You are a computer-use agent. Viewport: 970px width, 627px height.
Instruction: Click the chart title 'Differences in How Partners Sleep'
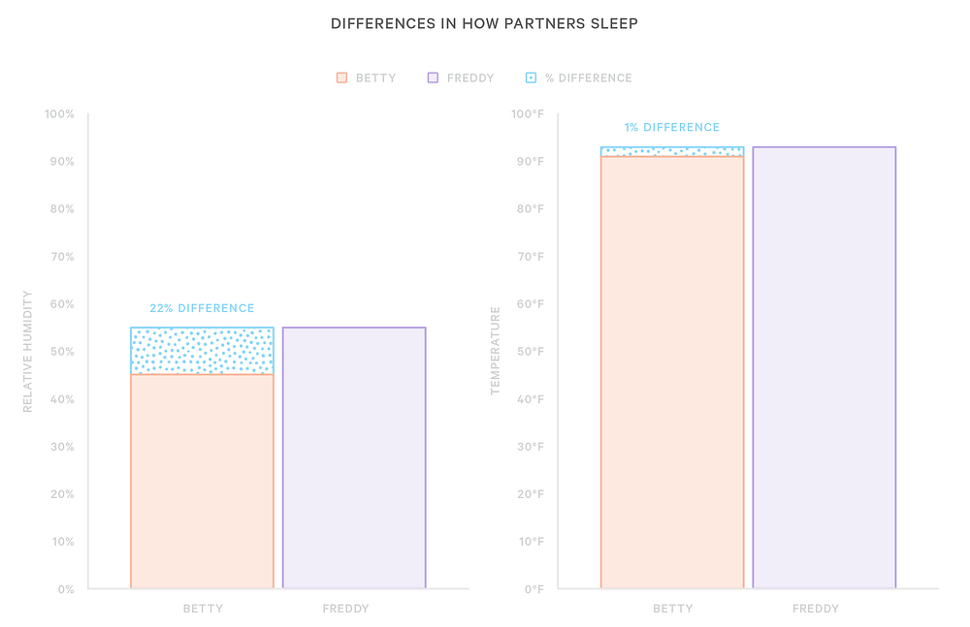coord(484,23)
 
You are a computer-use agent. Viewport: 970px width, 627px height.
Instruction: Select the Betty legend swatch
coord(341,78)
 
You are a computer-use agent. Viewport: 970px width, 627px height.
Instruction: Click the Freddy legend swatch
coord(433,78)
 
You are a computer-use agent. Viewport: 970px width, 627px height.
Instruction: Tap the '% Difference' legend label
coord(588,78)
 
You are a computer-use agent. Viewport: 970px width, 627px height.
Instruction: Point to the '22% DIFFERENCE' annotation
coord(202,308)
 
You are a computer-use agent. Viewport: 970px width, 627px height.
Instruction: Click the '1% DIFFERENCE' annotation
coord(672,127)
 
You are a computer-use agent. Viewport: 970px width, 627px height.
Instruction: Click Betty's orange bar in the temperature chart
coord(672,372)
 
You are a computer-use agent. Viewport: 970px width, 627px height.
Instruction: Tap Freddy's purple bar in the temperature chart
coord(824,368)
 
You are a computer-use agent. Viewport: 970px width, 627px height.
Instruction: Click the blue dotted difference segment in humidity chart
coord(202,351)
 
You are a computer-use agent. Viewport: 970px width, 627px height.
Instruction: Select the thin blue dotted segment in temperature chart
coord(672,151)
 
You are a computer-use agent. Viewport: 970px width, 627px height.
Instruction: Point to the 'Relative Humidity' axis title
coord(27,351)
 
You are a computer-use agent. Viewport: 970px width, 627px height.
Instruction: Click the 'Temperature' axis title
coord(495,351)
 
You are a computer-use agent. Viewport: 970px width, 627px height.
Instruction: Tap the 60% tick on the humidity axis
coord(60,304)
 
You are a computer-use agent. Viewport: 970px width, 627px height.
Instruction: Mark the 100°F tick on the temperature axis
coord(528,114)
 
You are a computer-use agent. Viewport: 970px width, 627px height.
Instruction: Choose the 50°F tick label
coord(530,352)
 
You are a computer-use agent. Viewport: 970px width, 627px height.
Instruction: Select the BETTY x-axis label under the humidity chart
coord(203,609)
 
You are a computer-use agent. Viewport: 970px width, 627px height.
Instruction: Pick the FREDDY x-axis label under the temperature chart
coord(816,609)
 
